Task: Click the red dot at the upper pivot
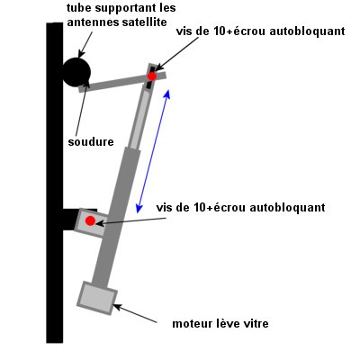(x=152, y=76)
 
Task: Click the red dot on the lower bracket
(x=90, y=221)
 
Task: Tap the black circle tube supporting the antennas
(x=76, y=72)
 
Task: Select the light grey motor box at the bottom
(x=97, y=298)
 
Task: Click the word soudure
(x=91, y=142)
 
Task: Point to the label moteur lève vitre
(x=220, y=324)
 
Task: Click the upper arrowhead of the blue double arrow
(x=167, y=94)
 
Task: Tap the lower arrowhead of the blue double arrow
(x=139, y=209)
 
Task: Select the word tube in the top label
(x=79, y=8)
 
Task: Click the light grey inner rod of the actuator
(x=140, y=120)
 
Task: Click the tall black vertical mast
(x=55, y=183)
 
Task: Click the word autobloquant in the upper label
(x=307, y=31)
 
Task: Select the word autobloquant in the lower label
(x=287, y=207)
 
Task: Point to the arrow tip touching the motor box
(x=113, y=305)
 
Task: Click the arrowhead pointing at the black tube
(x=79, y=56)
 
